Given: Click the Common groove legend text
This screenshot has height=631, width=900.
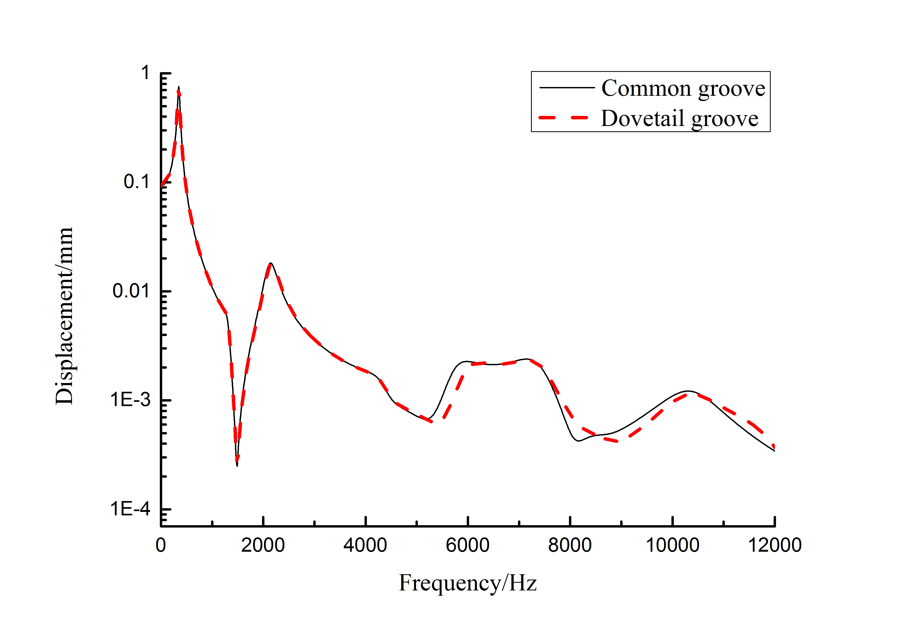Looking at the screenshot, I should tap(683, 89).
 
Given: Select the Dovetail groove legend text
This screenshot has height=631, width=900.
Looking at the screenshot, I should tap(679, 119).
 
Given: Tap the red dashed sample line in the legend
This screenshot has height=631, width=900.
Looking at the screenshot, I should tap(563, 118).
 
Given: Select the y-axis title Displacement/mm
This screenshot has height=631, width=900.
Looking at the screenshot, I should tap(64, 316).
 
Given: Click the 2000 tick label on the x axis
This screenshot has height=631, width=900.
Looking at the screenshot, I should tap(263, 545).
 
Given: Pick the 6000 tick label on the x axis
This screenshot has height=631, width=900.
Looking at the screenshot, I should tap(467, 545).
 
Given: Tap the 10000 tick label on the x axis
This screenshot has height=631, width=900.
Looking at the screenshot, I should tap(672, 545).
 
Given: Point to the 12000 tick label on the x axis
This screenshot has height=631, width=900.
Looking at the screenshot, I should tap(775, 545).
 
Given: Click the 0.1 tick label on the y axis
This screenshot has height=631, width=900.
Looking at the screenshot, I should tap(136, 182).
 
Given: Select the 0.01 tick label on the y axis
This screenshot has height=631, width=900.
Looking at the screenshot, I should tap(131, 291).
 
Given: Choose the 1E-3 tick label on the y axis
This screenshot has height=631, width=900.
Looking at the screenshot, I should tap(130, 400).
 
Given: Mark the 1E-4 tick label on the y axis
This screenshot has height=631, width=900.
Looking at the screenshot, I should tap(130, 509).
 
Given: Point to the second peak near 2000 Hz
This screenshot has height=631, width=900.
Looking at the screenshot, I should tap(271, 264).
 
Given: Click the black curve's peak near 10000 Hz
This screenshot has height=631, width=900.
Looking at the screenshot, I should tap(688, 391).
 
